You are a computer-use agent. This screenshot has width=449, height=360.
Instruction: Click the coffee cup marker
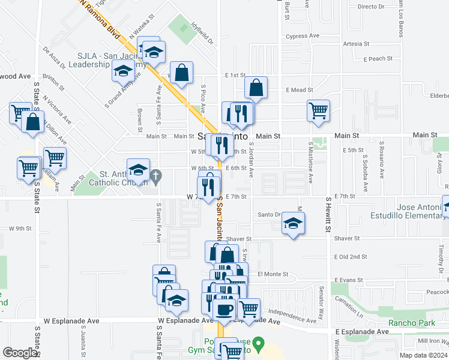click(x=224, y=309)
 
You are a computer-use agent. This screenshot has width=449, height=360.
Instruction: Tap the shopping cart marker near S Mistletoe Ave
click(x=318, y=110)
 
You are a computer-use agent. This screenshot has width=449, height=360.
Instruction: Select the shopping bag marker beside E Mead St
click(x=256, y=88)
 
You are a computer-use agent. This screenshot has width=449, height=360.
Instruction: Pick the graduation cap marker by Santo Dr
click(x=292, y=224)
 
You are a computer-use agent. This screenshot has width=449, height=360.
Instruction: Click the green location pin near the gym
click(x=259, y=346)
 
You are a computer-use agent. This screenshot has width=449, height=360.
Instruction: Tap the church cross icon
click(x=157, y=176)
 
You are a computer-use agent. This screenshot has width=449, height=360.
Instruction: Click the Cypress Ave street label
click(x=304, y=36)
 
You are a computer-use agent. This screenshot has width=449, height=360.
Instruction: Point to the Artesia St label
click(x=355, y=44)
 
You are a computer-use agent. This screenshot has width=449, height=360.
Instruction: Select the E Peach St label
click(x=378, y=59)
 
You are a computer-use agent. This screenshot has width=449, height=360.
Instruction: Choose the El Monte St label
click(x=273, y=274)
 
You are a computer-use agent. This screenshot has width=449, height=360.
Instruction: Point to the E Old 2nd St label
click(x=351, y=257)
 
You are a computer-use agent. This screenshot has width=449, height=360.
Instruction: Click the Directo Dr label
click(x=370, y=7)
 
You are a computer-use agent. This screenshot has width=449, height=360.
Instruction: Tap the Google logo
click(x=20, y=353)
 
